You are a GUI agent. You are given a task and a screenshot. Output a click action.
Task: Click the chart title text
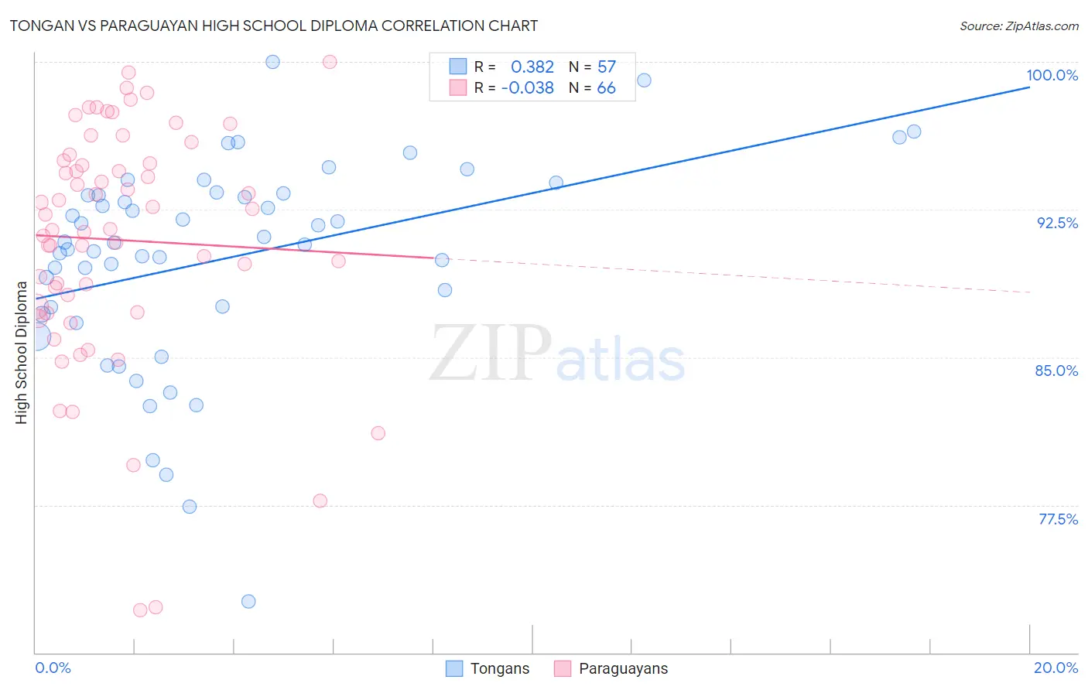273,26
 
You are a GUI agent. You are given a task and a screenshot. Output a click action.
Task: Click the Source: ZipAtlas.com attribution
1018,26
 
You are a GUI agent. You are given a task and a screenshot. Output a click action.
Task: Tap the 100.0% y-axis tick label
1052,75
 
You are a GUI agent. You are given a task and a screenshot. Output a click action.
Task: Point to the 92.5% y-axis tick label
1057,223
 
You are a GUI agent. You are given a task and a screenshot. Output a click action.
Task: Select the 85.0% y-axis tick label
1056,371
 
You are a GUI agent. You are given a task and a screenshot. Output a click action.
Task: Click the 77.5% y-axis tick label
1058,519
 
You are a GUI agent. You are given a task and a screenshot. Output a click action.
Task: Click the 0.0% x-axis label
53,668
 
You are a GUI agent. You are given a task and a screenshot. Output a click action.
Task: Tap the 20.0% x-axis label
1055,668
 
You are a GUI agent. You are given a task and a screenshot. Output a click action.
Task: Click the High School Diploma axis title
22,352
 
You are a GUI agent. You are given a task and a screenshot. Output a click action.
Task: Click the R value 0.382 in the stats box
532,67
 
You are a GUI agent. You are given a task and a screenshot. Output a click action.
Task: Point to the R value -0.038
527,87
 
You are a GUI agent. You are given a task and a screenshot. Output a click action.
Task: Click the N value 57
607,67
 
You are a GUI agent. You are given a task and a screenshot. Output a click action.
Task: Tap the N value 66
607,87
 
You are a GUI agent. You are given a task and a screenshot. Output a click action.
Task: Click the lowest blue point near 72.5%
248,601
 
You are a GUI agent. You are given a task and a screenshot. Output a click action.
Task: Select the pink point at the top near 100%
330,62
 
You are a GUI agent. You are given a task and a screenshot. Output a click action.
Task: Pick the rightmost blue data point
914,132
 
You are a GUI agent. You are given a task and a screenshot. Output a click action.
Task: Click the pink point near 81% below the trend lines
378,433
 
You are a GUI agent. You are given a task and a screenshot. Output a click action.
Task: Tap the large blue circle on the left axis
36,337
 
